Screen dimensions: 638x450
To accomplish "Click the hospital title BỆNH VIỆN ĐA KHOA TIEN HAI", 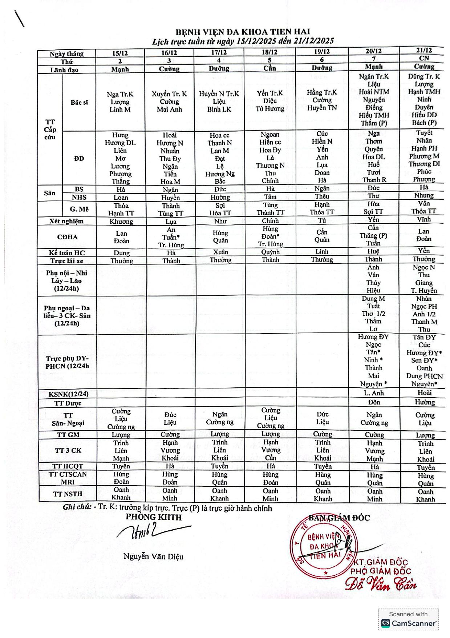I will pyautogui.click(x=243, y=32).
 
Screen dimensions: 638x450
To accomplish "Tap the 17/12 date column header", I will pyautogui.click(x=219, y=52).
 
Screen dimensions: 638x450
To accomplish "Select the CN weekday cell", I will pyautogui.click(x=424, y=58).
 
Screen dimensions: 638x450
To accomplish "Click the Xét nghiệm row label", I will pyautogui.click(x=66, y=221).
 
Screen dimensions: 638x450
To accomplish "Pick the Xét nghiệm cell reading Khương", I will pyautogui.click(x=121, y=222).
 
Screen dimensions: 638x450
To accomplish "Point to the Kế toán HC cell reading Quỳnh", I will pyautogui.click(x=270, y=252).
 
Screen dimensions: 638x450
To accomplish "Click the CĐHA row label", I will pyautogui.click(x=67, y=237).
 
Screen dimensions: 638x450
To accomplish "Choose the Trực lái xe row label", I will pyautogui.click(x=67, y=261).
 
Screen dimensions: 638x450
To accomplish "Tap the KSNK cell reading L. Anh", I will pyautogui.click(x=374, y=393).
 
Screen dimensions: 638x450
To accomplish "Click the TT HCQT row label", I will pyautogui.click(x=68, y=466).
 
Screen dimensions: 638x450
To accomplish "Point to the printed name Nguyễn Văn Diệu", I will pyautogui.click(x=153, y=557).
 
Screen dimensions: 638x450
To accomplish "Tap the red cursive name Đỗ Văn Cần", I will pyautogui.click(x=380, y=584).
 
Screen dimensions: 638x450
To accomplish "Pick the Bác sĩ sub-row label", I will pyautogui.click(x=79, y=103).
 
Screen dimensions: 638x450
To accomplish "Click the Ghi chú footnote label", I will pyautogui.click(x=77, y=507).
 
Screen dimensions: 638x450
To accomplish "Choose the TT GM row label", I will pyautogui.click(x=68, y=435).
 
